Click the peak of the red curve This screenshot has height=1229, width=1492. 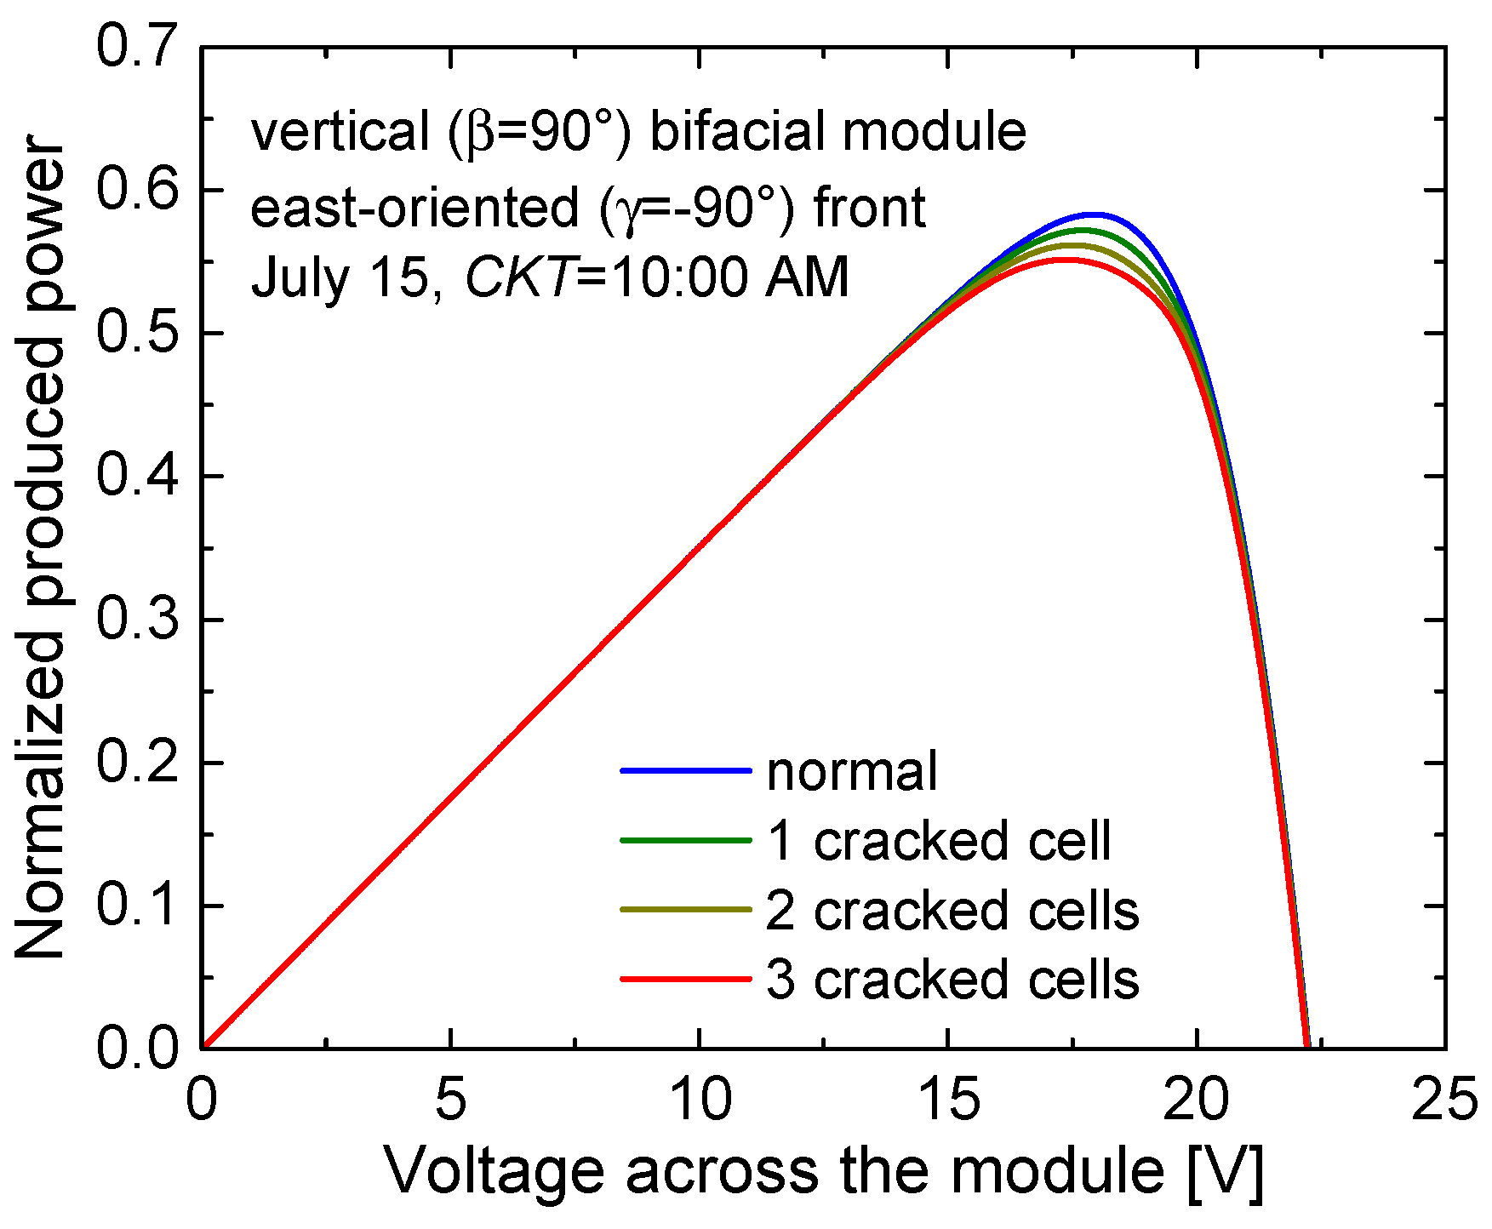[1064, 260]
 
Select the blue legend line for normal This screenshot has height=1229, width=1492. [686, 771]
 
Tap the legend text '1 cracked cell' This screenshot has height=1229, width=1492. [939, 841]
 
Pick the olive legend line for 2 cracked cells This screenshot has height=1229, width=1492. [686, 910]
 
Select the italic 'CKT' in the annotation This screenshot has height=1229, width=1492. [518, 277]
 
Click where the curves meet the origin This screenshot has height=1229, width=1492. [203, 1047]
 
